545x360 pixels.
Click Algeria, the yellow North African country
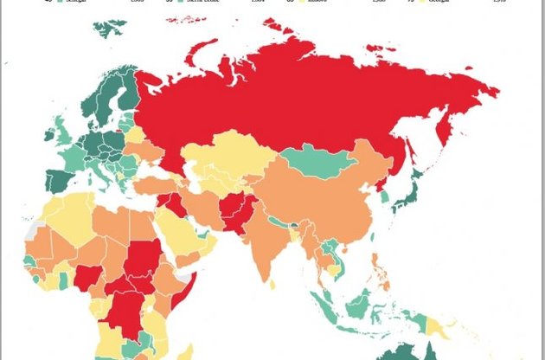[74, 216]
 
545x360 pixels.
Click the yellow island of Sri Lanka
[273, 282]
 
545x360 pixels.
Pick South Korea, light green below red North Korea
[385, 198]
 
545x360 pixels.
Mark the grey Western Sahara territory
[33, 233]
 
